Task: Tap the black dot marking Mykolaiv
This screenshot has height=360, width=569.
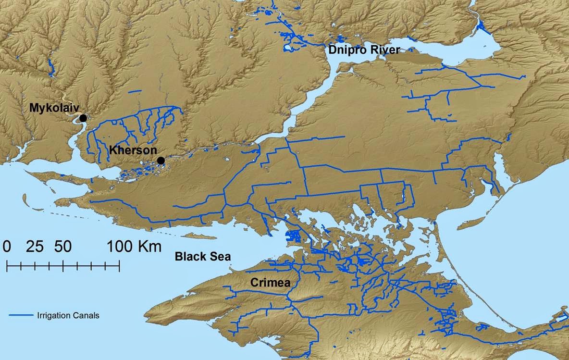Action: [83, 118]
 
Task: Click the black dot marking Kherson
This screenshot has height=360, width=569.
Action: [161, 160]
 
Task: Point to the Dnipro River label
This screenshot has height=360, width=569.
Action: [364, 50]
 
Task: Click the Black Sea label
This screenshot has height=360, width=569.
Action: [202, 257]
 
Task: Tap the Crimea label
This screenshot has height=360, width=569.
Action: [270, 283]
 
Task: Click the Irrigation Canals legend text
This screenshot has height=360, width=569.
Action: [68, 316]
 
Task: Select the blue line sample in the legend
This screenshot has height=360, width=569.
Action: [21, 316]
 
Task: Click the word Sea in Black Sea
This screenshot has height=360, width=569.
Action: [220, 257]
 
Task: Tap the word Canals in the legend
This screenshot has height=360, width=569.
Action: [87, 316]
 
